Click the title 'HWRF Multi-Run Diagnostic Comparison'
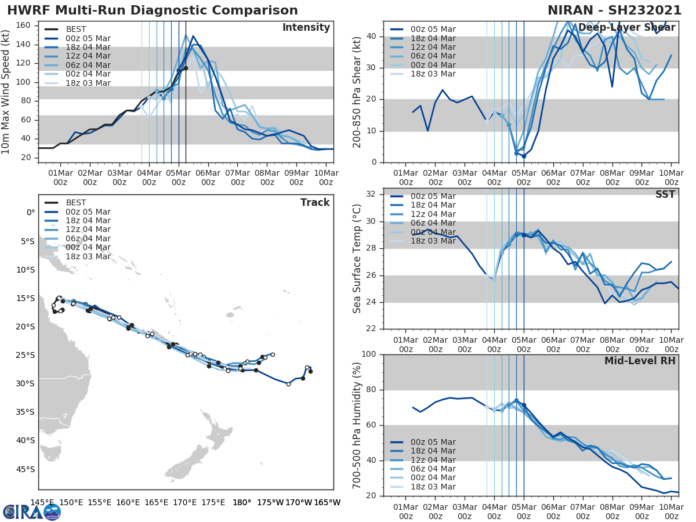153,10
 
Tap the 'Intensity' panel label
306,28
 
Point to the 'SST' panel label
665,194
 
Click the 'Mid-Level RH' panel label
640,361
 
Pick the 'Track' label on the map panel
314,202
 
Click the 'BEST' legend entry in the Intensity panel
76,29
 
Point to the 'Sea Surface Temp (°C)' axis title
357,259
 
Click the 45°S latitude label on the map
26,469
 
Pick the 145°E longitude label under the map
43,502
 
